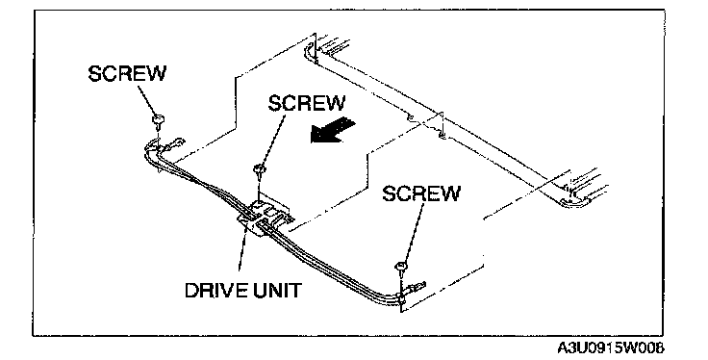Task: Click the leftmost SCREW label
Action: point(127,73)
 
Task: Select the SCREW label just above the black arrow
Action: point(306,103)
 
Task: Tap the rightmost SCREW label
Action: point(420,193)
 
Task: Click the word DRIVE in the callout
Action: point(215,290)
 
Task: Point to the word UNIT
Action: point(276,290)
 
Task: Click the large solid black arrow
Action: point(333,130)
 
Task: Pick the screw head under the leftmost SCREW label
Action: point(158,120)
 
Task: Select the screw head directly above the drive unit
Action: point(259,170)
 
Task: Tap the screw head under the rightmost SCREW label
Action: point(401,266)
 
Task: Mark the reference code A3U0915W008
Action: point(611,348)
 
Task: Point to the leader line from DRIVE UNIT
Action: point(243,253)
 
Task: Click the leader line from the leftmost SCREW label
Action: point(147,100)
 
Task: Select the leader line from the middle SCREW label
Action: point(273,140)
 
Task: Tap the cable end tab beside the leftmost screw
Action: point(175,143)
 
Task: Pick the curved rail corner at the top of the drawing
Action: point(310,51)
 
